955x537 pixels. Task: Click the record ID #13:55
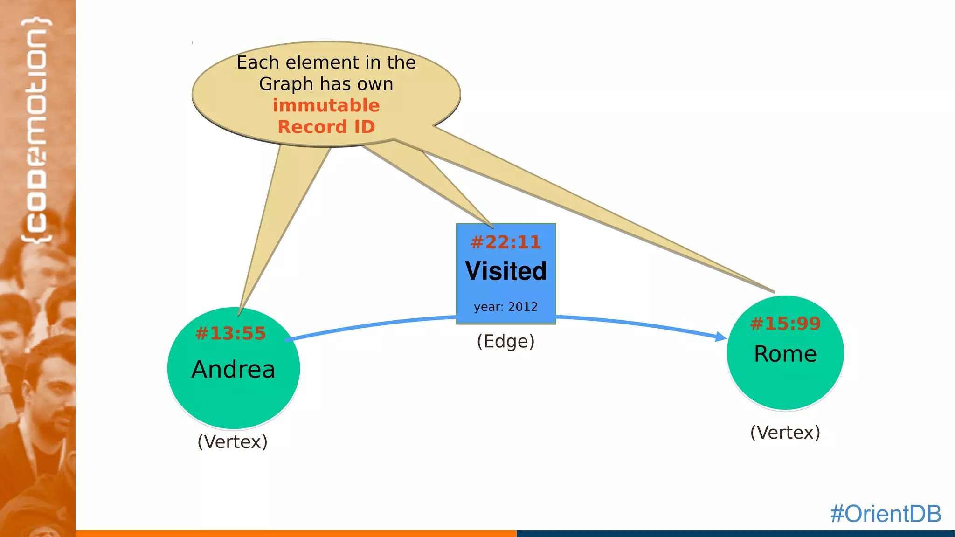[230, 333]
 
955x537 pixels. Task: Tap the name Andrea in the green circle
[233, 369]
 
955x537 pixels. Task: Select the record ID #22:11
[505, 242]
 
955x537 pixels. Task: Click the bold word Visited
[505, 271]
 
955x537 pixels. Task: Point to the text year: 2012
[505, 307]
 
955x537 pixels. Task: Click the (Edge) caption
[505, 341]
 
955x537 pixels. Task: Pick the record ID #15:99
[785, 324]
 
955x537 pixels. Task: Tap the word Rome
[785, 354]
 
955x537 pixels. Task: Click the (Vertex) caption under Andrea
[232, 441]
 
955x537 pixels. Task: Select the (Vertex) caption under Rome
[785, 432]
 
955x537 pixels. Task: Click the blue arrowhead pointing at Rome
[721, 337]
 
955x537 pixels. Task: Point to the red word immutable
[326, 105]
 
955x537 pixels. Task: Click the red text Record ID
[326, 127]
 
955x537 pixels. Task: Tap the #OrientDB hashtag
[886, 514]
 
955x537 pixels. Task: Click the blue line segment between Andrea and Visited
[373, 324]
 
